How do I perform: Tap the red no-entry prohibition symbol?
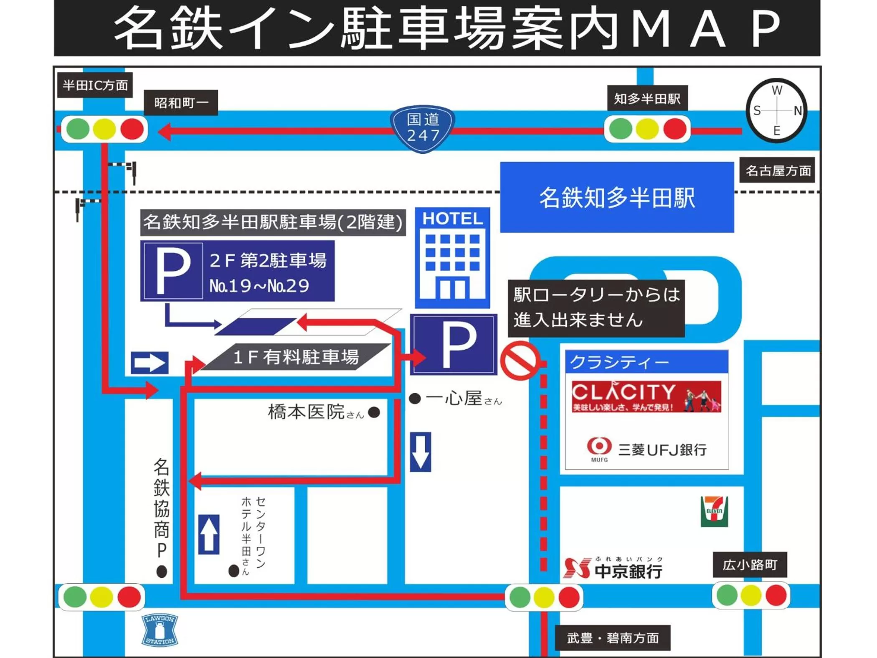coord(520,360)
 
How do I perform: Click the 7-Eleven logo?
coord(714,511)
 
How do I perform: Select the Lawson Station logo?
coord(160,630)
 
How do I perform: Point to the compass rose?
coord(777,111)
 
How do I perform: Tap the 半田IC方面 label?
coord(95,85)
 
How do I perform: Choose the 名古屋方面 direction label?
coord(777,170)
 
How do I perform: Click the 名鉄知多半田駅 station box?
coord(617,197)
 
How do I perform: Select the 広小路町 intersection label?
coord(750,565)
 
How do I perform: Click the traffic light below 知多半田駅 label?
coord(647,129)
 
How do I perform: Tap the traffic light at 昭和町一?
coord(104,129)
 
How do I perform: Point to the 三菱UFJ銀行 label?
coord(662,450)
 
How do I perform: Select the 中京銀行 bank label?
coord(628,571)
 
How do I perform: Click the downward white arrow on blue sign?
coord(420,452)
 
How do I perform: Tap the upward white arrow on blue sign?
coord(209,534)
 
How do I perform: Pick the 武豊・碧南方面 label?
coord(613,638)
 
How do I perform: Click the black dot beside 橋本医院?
coord(374,412)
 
